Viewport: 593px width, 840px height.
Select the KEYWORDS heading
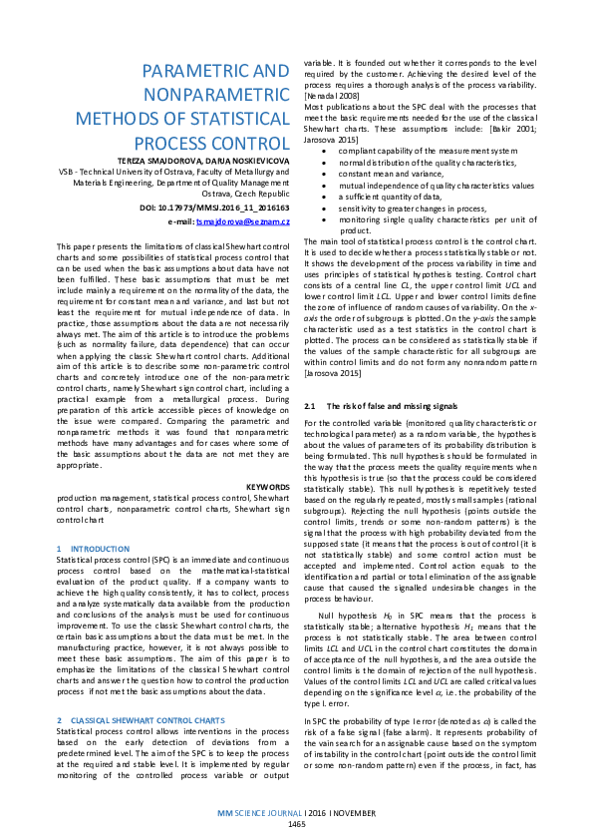coord(267,486)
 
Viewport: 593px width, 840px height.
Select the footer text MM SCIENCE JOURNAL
coord(262,814)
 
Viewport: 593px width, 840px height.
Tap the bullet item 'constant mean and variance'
coord(384,174)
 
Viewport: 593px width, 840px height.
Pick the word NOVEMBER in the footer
coord(354,814)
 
